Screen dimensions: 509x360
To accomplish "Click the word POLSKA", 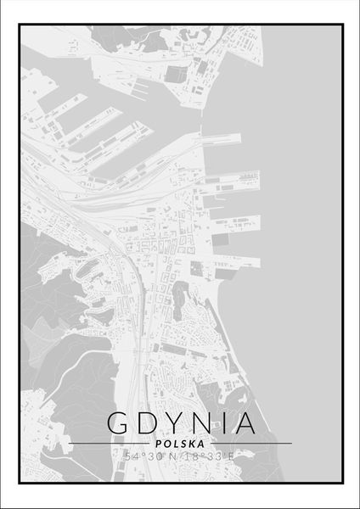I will [180, 443].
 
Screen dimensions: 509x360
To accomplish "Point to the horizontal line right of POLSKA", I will [251, 443].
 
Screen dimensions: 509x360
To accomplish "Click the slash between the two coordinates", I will [180, 457].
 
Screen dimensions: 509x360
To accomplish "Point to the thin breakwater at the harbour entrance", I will [204, 110].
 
